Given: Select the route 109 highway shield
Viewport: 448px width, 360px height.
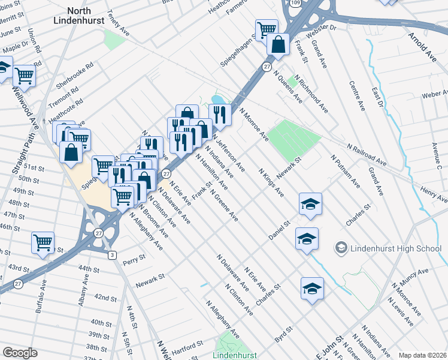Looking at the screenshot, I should [x=296, y=3].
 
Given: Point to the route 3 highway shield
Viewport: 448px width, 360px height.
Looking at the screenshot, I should [x=112, y=255].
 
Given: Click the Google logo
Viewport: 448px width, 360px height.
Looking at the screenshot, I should [x=20, y=353].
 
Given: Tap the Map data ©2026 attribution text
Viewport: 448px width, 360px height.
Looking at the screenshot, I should [x=422, y=355].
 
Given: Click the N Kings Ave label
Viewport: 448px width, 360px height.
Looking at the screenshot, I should [x=271, y=182].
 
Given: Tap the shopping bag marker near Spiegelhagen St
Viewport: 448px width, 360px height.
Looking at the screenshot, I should [x=279, y=44].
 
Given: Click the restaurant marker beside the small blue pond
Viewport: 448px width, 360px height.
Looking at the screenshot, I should [x=220, y=115].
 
